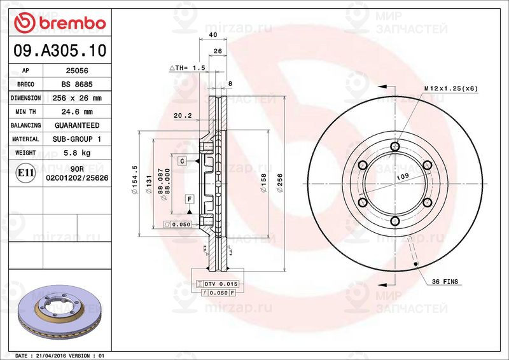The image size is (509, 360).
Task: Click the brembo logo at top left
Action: (x=60, y=22)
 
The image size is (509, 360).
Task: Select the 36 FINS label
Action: (x=445, y=280)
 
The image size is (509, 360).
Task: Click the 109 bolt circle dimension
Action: (x=402, y=176)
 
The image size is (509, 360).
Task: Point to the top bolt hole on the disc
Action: (x=395, y=147)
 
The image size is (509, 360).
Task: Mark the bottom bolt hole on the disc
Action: (x=395, y=221)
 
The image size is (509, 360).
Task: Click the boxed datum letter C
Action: (x=181, y=162)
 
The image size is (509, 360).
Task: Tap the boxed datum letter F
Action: (x=189, y=199)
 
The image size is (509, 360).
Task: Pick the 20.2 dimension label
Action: (x=181, y=116)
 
